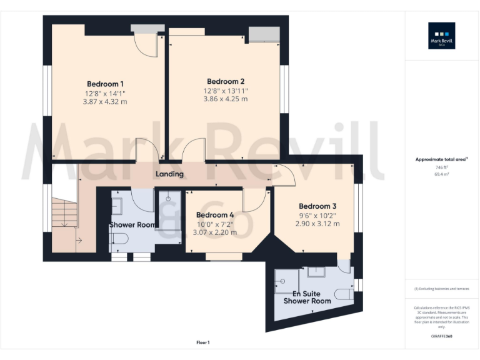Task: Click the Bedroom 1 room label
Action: tap(105, 84)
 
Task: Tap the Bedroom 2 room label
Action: tap(226, 81)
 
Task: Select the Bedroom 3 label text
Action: tap(317, 206)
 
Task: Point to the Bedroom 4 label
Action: tap(214, 215)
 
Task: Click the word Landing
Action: tap(169, 174)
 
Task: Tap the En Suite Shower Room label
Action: tap(307, 297)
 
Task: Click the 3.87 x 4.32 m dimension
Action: tap(105, 101)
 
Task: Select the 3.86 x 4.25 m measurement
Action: tap(226, 99)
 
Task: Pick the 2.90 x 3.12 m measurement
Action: tap(317, 223)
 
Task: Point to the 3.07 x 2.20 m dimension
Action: tap(214, 232)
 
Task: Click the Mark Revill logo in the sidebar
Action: tap(441, 36)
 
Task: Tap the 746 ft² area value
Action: tap(441, 167)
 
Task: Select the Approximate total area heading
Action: tap(441, 159)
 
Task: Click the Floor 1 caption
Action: tap(203, 342)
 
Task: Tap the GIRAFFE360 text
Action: tap(441, 336)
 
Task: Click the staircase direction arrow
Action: tap(79, 239)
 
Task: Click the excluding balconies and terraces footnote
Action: tap(441, 289)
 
